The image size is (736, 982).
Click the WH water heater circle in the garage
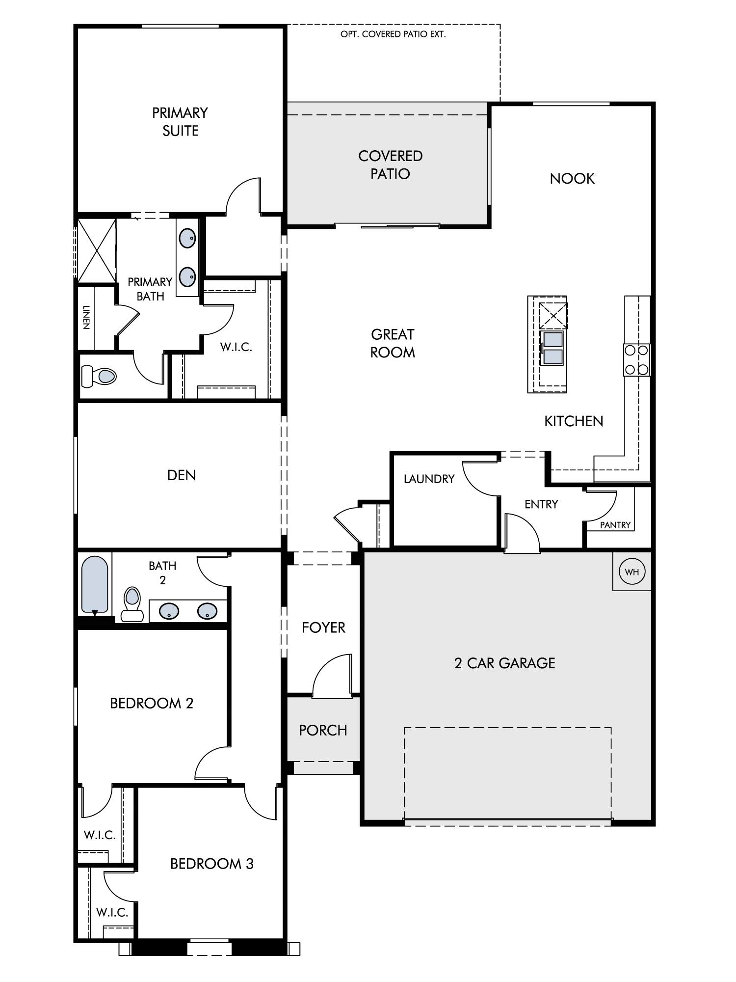pos(632,572)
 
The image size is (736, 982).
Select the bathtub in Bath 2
pos(95,585)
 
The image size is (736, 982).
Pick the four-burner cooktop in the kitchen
pos(636,360)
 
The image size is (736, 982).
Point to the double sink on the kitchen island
pos(552,348)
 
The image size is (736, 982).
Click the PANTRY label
pos(615,525)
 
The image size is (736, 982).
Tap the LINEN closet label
pos(86,317)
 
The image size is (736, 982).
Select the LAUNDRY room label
pos(429,479)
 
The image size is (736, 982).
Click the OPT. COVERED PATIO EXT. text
pos(393,34)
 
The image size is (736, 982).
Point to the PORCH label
pos(323,730)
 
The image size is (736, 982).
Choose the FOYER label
pos(323,627)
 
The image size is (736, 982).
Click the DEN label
pos(182,475)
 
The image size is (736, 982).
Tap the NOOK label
pos(572,178)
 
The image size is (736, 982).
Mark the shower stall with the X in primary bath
pos(97,250)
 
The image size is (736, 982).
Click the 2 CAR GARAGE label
pos(505,663)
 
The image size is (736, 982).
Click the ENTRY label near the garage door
pos(541,504)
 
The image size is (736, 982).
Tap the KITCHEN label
pos(574,421)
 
